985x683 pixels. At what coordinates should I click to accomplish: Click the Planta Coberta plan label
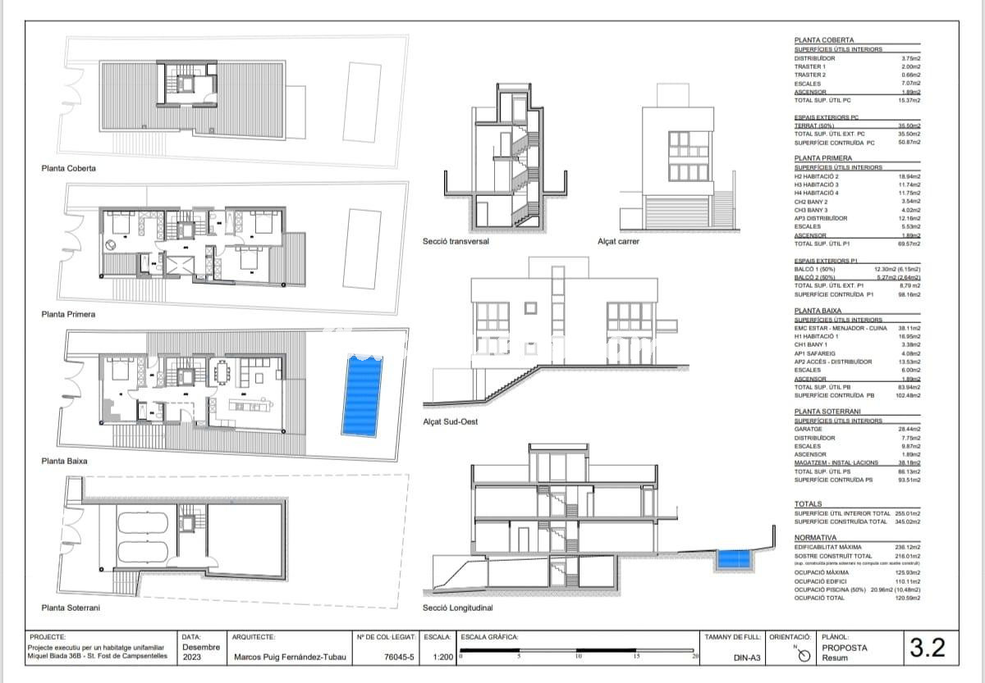coord(68,168)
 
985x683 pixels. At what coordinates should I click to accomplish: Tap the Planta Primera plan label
coord(68,314)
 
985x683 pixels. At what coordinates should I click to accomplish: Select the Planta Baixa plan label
coord(64,461)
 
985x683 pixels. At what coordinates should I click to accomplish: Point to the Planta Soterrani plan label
coord(71,608)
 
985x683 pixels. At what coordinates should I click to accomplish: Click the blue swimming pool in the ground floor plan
coord(362,396)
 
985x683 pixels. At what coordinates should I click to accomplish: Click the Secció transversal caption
coord(456,242)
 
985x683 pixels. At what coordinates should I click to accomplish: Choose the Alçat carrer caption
coord(618,242)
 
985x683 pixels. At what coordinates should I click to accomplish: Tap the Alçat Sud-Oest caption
coord(451,421)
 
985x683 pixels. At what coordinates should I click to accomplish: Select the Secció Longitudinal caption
coord(457,608)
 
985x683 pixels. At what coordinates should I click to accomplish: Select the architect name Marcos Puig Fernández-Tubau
coord(291,657)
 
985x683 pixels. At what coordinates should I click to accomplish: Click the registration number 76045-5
coord(398,657)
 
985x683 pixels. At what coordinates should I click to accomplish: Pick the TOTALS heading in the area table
coord(809,504)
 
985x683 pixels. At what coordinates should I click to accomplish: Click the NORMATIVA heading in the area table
coord(815,538)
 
